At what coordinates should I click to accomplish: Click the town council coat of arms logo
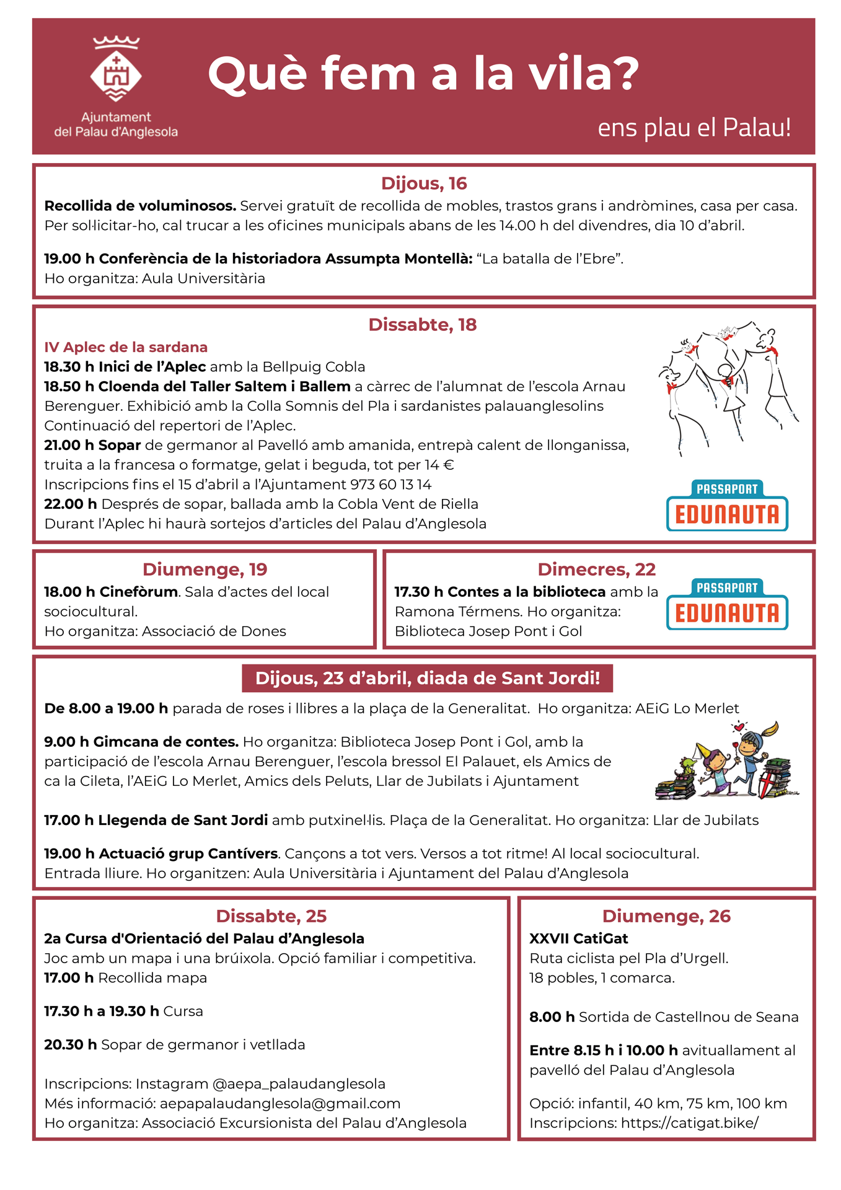click(116, 69)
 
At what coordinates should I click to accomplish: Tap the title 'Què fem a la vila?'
click(423, 74)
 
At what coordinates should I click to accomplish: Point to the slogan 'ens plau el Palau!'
click(693, 128)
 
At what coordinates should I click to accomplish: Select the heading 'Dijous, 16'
click(424, 183)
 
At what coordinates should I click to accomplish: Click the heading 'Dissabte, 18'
click(423, 325)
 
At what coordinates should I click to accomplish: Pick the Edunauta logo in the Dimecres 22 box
click(727, 605)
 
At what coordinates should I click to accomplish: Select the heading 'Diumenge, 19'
click(205, 570)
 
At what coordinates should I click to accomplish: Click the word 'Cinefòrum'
click(139, 592)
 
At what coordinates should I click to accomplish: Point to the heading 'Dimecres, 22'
click(596, 570)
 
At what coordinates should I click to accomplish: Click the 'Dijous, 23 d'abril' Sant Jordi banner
click(427, 678)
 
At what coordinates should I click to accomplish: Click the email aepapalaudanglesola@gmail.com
click(280, 1104)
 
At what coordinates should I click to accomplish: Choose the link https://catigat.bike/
click(689, 1123)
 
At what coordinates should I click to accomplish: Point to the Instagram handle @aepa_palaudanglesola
click(299, 1084)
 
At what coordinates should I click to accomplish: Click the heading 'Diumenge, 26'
click(666, 916)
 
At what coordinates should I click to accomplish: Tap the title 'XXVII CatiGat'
click(579, 938)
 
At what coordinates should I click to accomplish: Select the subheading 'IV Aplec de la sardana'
click(126, 347)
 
